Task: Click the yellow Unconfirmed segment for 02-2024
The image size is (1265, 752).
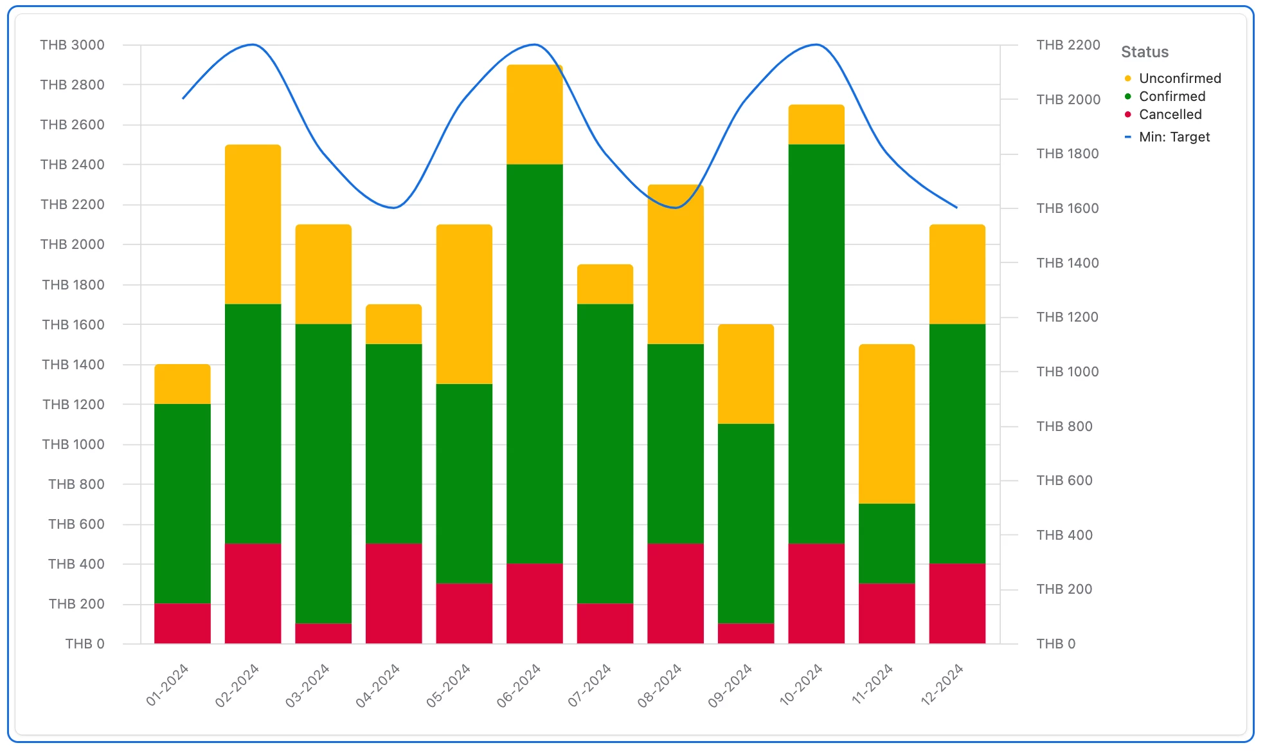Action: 253,224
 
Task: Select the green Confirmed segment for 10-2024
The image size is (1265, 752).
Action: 816,344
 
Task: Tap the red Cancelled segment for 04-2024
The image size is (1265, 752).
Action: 393,593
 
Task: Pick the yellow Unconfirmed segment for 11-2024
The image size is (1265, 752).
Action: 886,423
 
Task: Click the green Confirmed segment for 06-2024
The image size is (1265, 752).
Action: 534,363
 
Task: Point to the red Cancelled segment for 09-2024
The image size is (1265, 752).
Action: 746,633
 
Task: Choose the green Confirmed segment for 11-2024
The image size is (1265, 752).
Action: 886,543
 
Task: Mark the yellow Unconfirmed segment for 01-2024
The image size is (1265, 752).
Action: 183,384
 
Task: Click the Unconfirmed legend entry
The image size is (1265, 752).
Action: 1180,78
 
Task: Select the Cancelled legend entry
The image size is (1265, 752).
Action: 1170,115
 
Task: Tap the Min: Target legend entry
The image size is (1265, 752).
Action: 1174,137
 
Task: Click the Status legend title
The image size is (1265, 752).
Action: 1144,52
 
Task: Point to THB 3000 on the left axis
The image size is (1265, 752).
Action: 72,45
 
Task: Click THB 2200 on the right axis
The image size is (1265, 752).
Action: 1068,45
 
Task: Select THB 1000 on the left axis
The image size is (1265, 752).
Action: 73,445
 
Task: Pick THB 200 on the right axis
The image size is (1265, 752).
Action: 1064,589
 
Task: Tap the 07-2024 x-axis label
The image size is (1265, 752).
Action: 589,686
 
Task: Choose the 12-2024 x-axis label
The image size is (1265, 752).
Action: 942,686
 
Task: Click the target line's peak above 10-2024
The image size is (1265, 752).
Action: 816,44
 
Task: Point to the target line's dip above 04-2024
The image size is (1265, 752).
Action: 393,208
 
